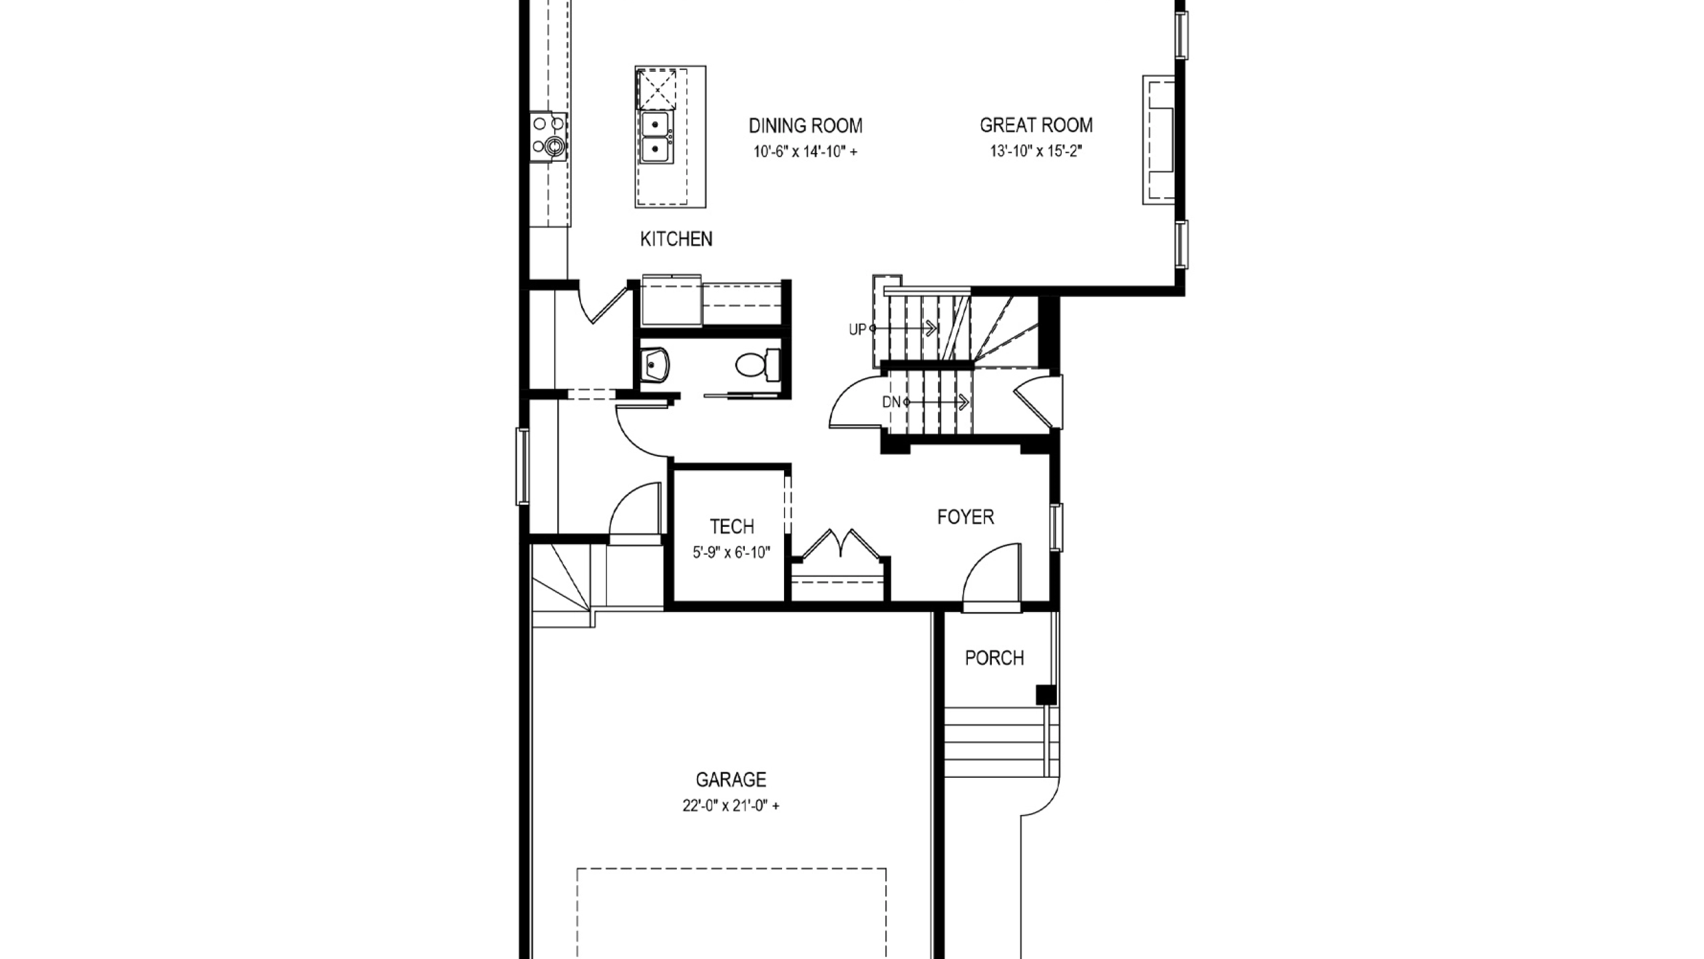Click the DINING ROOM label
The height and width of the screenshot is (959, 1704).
click(805, 125)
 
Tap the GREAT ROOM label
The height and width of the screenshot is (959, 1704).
click(1036, 125)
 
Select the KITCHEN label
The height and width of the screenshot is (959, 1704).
click(676, 239)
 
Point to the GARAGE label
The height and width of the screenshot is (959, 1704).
click(731, 779)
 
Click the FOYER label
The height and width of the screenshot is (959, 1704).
click(965, 517)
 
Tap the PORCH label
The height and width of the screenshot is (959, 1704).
click(994, 658)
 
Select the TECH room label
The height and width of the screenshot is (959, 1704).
click(732, 527)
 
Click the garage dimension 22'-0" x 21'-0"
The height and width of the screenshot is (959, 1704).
click(731, 806)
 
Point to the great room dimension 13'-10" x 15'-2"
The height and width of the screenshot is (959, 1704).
click(1036, 151)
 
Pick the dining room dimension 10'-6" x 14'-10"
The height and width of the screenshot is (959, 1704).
click(805, 152)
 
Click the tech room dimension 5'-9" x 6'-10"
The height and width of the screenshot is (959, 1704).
click(732, 553)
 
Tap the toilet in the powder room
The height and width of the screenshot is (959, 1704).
click(758, 365)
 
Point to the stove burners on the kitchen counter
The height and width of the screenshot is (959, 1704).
click(548, 137)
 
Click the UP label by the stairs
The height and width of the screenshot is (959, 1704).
click(857, 329)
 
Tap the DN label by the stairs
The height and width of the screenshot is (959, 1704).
click(891, 402)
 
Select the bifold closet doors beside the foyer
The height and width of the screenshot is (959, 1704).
click(841, 543)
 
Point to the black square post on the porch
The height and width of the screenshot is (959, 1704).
click(1046, 695)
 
